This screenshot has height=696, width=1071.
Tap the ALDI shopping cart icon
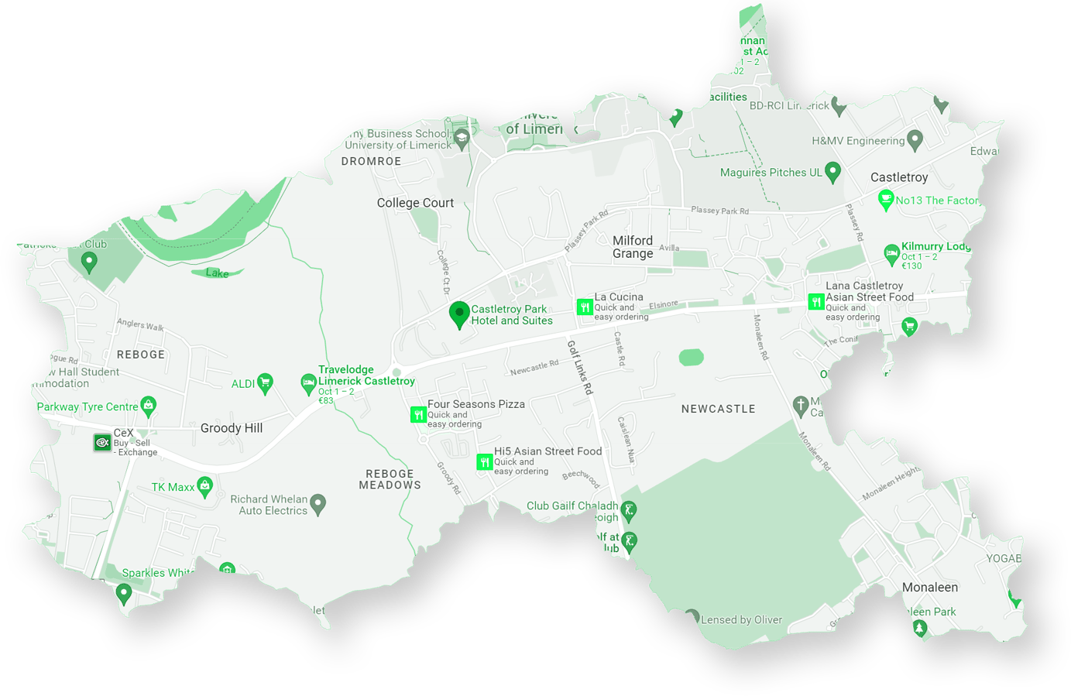pyautogui.click(x=265, y=382)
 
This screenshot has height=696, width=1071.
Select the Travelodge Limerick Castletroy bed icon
pyautogui.click(x=308, y=383)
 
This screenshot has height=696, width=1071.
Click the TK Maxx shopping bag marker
pyautogui.click(x=204, y=486)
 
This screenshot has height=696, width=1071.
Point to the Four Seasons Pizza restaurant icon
pyautogui.click(x=418, y=415)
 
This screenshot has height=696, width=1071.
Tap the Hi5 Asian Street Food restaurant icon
pyautogui.click(x=485, y=462)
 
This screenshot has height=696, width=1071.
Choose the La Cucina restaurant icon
pyautogui.click(x=585, y=307)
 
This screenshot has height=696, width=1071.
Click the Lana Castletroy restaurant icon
pyautogui.click(x=815, y=302)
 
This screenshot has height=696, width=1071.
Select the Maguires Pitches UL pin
pyautogui.click(x=832, y=172)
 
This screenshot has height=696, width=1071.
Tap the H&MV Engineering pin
pyautogui.click(x=915, y=140)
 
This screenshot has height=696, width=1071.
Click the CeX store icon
pyautogui.click(x=102, y=443)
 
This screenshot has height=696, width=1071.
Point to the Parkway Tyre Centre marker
pyautogui.click(x=149, y=405)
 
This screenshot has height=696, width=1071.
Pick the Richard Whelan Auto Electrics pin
pyautogui.click(x=318, y=504)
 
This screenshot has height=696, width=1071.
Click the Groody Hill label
pyautogui.click(x=232, y=428)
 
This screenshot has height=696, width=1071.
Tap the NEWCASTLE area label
pyautogui.click(x=718, y=409)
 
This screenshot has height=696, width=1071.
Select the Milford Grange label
pyautogui.click(x=633, y=247)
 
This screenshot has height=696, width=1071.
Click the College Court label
pyautogui.click(x=415, y=203)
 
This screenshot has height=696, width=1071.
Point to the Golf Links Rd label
pyautogui.click(x=579, y=368)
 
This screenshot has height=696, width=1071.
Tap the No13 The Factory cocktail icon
pyautogui.click(x=886, y=201)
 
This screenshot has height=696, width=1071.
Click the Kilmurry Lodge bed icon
pyautogui.click(x=891, y=252)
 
